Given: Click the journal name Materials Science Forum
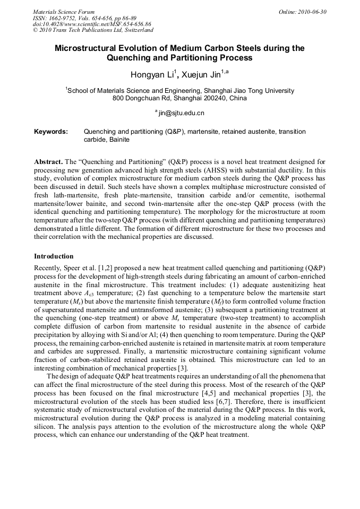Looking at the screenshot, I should coord(64,12).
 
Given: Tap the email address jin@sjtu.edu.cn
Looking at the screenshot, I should coord(181,113).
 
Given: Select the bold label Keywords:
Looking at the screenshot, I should coord(51,131).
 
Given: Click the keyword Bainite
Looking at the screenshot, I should coord(119,140).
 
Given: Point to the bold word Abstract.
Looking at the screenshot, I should coord(48,161).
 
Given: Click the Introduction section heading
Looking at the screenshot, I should coord(54,256).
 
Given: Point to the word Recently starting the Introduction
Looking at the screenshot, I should coord(48,267).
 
